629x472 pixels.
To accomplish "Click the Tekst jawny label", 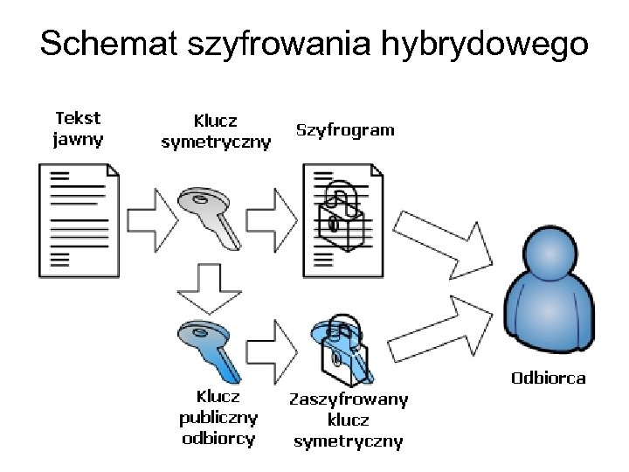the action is (x=78, y=128).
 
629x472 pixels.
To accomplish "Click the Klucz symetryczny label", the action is (x=216, y=130).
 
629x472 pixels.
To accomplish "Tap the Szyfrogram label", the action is (x=345, y=130).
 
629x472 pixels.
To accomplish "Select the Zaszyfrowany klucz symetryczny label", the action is (x=349, y=420).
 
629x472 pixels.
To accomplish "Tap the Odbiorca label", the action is (x=548, y=378).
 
